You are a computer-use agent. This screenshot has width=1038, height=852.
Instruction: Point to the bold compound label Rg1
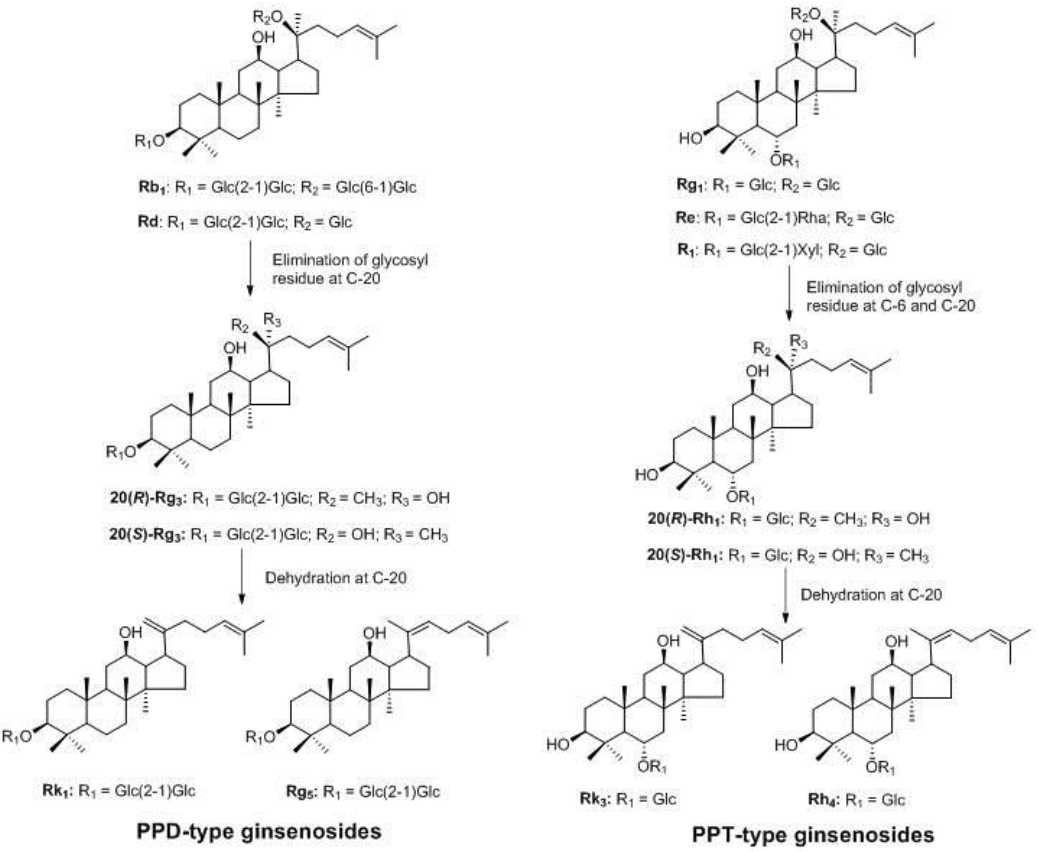pos(689,185)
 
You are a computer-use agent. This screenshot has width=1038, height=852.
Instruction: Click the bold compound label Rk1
pos(57,791)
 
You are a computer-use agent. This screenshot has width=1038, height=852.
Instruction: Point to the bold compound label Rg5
pos(301,791)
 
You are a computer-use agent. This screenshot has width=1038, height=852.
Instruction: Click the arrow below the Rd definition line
pos(249,267)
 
